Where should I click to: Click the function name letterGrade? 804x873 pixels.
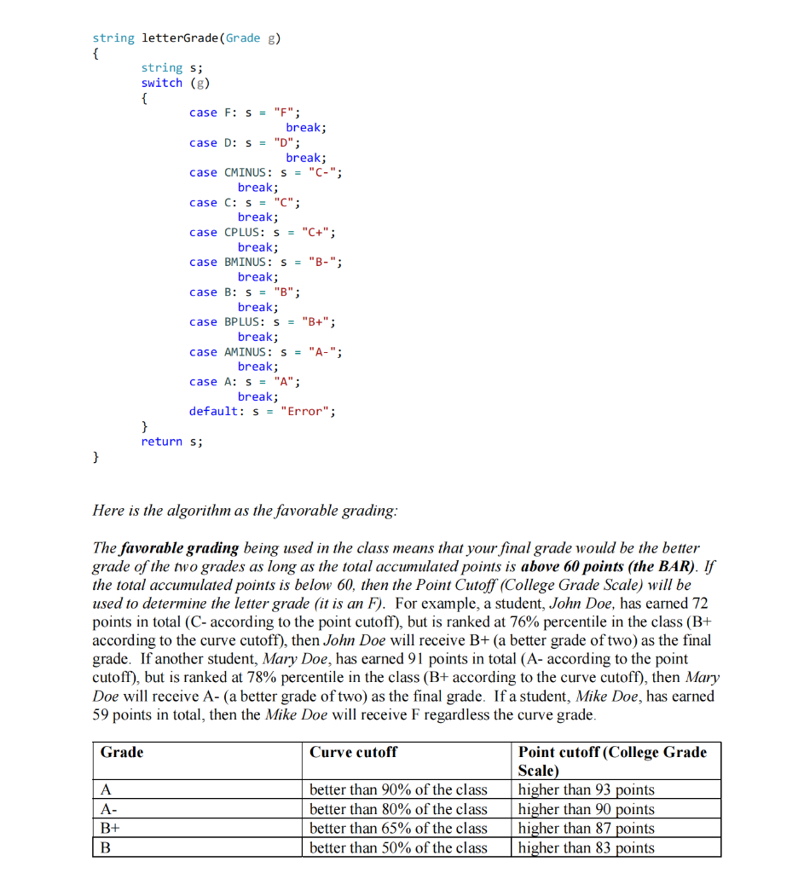pos(180,38)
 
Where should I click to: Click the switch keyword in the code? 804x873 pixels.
pos(162,83)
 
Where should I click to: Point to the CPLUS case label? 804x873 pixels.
pos(246,232)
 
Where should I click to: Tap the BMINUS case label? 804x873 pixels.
pos(248,262)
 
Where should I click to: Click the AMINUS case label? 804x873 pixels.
pos(248,351)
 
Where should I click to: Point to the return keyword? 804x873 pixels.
pos(162,441)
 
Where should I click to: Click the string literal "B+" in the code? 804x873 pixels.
pos(317,321)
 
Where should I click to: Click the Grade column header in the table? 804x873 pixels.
pos(122,752)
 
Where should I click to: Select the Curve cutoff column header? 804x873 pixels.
pos(353,752)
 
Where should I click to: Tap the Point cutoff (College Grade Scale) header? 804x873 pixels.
pos(612,760)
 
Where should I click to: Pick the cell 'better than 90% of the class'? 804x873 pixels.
pos(398,790)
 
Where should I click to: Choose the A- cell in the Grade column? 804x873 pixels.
pos(108,809)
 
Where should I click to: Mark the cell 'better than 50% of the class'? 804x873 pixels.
pos(398,848)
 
